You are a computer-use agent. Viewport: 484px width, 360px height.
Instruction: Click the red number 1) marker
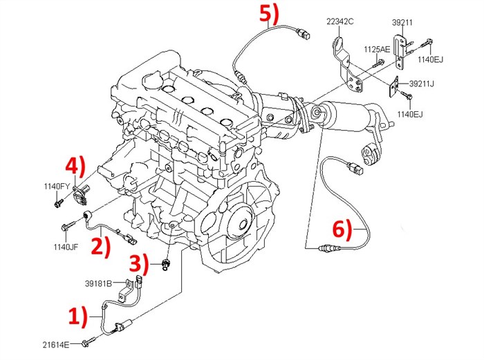pyautogui.click(x=78, y=317)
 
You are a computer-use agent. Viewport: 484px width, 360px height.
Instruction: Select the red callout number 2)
pyautogui.click(x=101, y=246)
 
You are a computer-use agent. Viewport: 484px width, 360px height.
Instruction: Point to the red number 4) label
pyautogui.click(x=75, y=167)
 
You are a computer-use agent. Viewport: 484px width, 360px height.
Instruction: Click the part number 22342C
pyautogui.click(x=339, y=22)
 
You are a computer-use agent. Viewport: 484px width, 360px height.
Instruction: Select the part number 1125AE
pyautogui.click(x=378, y=50)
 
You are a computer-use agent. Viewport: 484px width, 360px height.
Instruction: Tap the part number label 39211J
pyautogui.click(x=422, y=84)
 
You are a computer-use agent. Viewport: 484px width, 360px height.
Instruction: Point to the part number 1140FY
pyautogui.click(x=57, y=187)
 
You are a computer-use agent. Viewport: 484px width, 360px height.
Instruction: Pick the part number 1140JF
pyautogui.click(x=66, y=247)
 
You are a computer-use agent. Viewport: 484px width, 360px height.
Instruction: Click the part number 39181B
pyautogui.click(x=99, y=283)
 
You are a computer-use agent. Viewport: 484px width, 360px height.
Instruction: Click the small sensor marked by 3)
pyautogui.click(x=165, y=265)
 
